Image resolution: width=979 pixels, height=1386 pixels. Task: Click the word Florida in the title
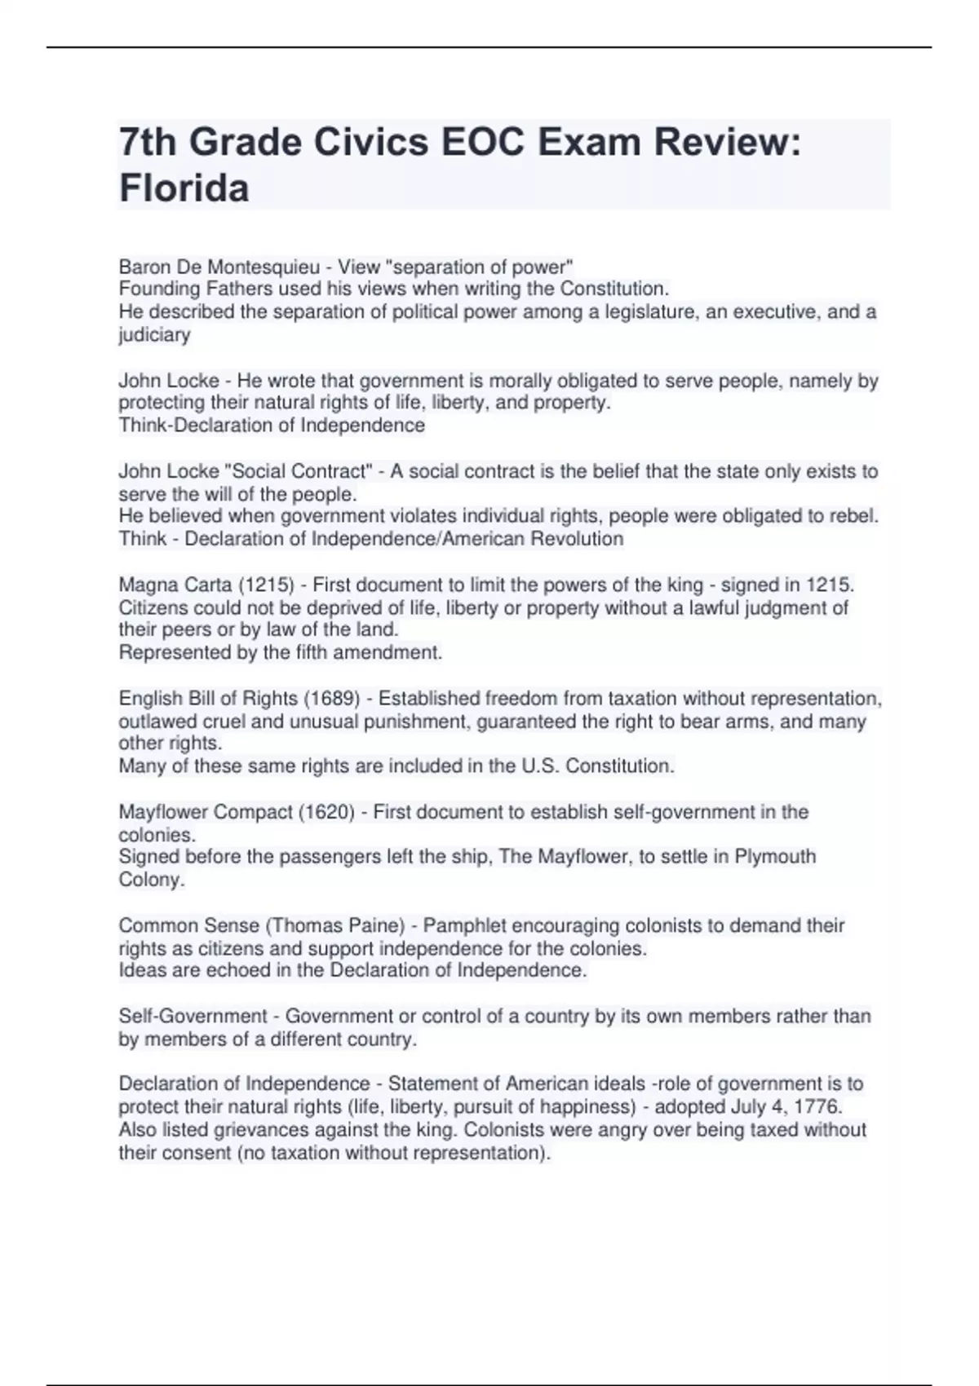pos(184,188)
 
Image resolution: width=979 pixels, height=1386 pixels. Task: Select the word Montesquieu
pos(269,267)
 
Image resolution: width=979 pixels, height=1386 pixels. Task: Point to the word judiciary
pos(154,335)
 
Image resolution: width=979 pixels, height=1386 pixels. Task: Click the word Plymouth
pos(775,857)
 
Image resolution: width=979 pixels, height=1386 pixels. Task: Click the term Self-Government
pos(193,1016)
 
